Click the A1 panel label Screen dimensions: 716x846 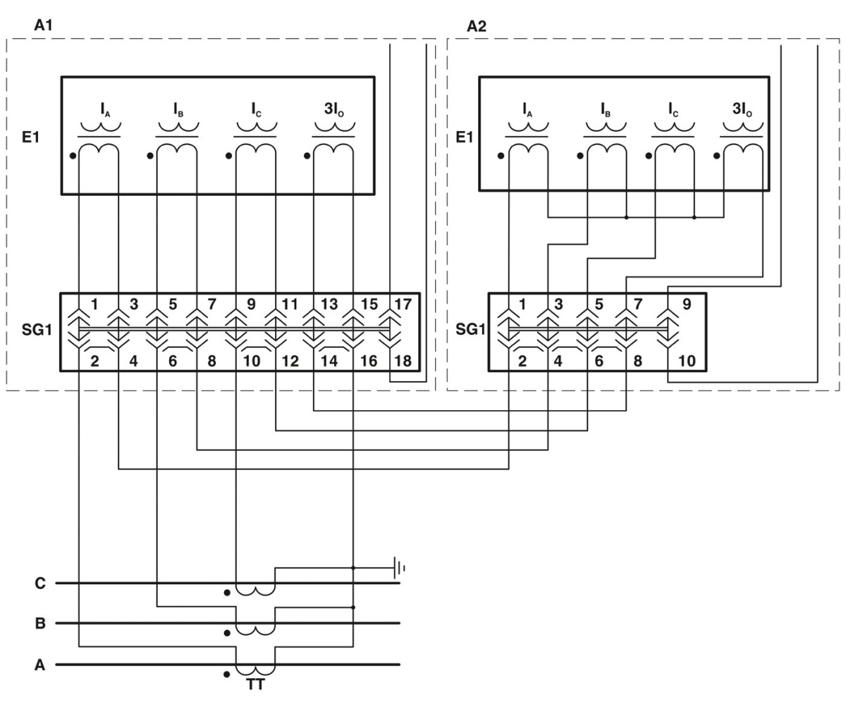point(43,25)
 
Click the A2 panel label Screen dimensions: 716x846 point(477,27)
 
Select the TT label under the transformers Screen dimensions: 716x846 point(255,684)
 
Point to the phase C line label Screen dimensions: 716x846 point(40,584)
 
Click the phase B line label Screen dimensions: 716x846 point(40,624)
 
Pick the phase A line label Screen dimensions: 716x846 point(40,665)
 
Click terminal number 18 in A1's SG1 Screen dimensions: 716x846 point(403,362)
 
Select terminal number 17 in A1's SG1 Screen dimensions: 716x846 point(403,305)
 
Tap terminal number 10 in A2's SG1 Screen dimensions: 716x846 point(687,362)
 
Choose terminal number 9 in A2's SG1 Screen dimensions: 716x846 point(687,305)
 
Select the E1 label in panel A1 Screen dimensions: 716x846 point(31,137)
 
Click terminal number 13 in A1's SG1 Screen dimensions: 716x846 point(329,305)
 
